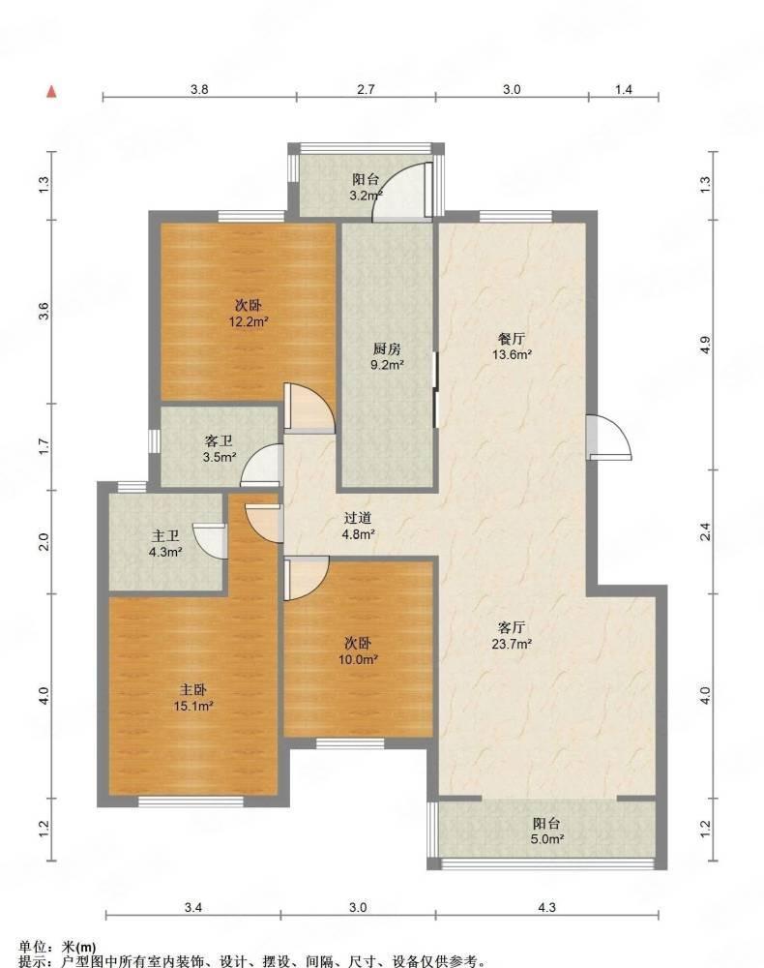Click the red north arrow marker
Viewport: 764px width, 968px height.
point(52,92)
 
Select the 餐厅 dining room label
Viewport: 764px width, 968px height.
point(512,338)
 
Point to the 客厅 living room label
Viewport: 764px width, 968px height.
point(512,628)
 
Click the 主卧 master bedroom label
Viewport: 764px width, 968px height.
point(193,689)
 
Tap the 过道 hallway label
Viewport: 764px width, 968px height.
point(358,519)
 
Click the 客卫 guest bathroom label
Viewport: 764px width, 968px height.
point(219,440)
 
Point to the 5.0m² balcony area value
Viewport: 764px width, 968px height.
point(547,839)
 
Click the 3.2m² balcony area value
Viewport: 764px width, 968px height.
point(367,196)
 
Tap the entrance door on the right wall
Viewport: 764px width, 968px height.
point(608,438)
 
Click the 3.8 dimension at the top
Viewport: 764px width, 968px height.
point(199,89)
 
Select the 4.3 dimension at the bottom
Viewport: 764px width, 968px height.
point(546,907)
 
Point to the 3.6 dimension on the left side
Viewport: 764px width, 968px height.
point(44,312)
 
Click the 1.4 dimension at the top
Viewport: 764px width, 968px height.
point(624,89)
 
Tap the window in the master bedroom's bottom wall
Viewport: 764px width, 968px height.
point(191,802)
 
